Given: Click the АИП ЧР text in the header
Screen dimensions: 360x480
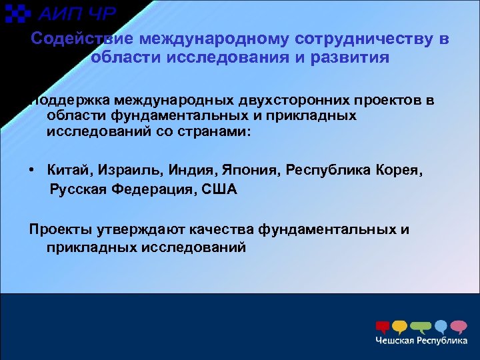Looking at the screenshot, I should click(x=76, y=13).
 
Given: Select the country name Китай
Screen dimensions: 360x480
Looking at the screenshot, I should click(x=69, y=171).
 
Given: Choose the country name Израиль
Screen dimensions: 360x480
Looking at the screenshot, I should click(x=127, y=171).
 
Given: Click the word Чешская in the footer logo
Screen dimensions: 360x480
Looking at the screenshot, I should click(x=395, y=341).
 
